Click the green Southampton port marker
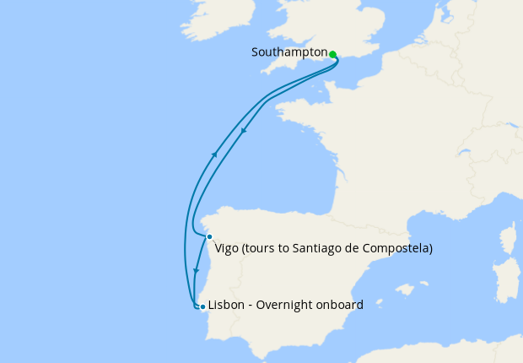click(x=333, y=55)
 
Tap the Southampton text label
click(x=289, y=52)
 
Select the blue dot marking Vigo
click(x=209, y=237)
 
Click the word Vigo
click(x=226, y=248)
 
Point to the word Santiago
click(x=314, y=248)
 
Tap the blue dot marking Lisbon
click(x=202, y=306)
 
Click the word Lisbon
click(x=226, y=306)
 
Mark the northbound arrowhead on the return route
click(x=215, y=154)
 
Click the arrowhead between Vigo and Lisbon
click(x=197, y=272)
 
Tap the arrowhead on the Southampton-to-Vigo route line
click(x=244, y=131)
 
